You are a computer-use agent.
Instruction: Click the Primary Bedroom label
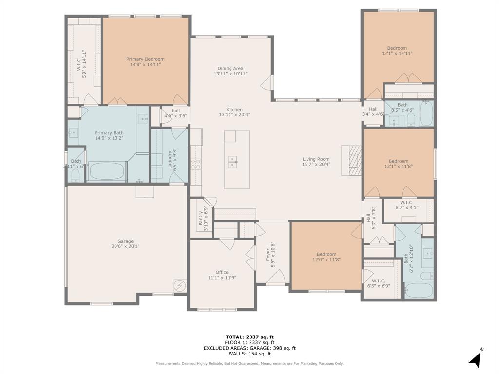(x=145, y=59)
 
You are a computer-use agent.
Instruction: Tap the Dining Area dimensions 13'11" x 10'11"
(x=230, y=74)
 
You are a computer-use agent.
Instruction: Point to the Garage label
(x=125, y=241)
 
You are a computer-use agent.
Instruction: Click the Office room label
(x=222, y=272)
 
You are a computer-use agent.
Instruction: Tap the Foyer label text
(x=268, y=255)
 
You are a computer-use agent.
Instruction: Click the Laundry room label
(x=170, y=159)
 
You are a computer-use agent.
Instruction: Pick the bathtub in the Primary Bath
(x=107, y=171)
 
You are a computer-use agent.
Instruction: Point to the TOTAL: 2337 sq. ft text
(x=249, y=337)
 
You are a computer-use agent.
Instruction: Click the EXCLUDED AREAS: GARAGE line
(x=249, y=348)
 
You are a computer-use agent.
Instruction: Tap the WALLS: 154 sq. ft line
(x=249, y=354)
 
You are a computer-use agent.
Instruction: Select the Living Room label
(x=316, y=159)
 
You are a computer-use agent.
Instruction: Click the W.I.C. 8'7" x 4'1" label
(x=406, y=205)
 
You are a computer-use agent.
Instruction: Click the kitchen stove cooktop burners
(x=195, y=164)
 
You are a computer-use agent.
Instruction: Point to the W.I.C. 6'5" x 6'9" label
(x=378, y=283)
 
